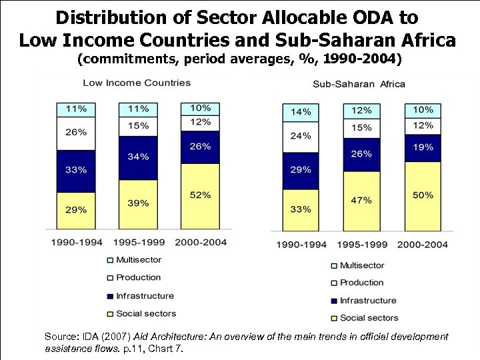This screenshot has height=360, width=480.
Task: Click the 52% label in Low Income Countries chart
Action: [x=200, y=195]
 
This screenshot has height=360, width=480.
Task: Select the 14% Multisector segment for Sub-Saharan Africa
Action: [x=300, y=112]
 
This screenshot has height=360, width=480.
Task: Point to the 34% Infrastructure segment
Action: [x=138, y=158]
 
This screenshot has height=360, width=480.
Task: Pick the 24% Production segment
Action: [x=300, y=137]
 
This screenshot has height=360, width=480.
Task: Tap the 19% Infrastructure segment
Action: [x=422, y=148]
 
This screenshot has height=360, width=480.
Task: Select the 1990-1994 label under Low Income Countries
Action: [x=76, y=242]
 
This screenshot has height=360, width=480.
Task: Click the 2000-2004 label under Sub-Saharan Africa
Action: [x=422, y=245]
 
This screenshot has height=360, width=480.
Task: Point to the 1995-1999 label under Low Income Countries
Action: [x=137, y=242]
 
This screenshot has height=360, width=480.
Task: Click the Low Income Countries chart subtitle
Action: [x=136, y=83]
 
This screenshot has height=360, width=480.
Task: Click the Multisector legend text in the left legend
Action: [x=139, y=260]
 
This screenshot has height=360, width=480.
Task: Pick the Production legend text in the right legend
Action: [x=362, y=283]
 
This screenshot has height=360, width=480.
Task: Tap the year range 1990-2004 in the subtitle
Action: [x=361, y=60]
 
